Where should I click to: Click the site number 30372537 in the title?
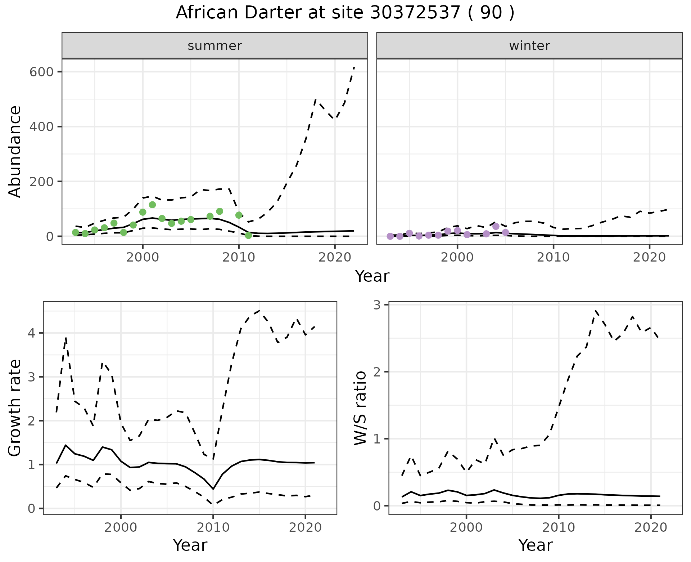pyautogui.click(x=415, y=13)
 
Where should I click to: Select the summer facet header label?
pyautogui.click(x=215, y=46)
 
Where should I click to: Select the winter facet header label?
pyautogui.click(x=529, y=46)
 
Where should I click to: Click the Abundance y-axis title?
pyautogui.click(x=15, y=152)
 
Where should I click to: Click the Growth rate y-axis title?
pyautogui.click(x=15, y=408)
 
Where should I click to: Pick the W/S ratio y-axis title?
pyautogui.click(x=360, y=408)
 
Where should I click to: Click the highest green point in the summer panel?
pyautogui.click(x=152, y=205)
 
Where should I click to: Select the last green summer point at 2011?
pyautogui.click(x=248, y=235)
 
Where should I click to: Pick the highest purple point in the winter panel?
pyautogui.click(x=496, y=226)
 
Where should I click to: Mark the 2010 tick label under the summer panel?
pyautogui.click(x=239, y=257)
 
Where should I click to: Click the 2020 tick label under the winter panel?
pyautogui.click(x=650, y=257)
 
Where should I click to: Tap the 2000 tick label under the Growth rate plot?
pyautogui.click(x=121, y=528)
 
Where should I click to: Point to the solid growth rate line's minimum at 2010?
pyautogui.click(x=213, y=489)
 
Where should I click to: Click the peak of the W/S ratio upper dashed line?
pyautogui.click(x=596, y=310)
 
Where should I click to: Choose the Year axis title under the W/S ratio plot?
pyautogui.click(x=535, y=545)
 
